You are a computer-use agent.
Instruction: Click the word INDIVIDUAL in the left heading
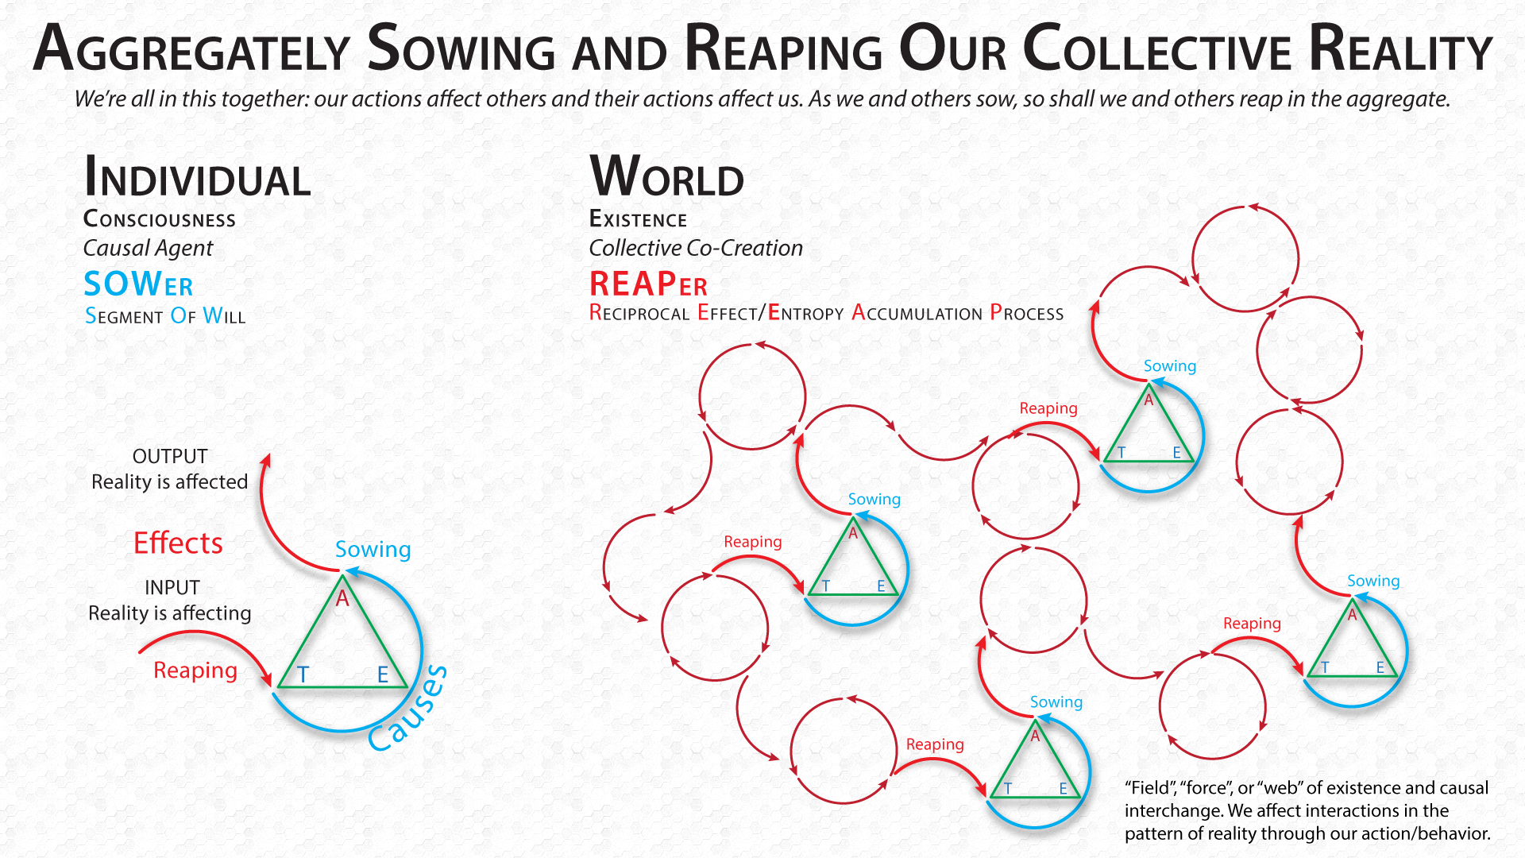pyautogui.click(x=197, y=177)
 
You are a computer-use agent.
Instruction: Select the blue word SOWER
pyautogui.click(x=138, y=284)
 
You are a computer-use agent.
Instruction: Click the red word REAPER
pyautogui.click(x=648, y=284)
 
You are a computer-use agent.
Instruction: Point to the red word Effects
pyautogui.click(x=178, y=543)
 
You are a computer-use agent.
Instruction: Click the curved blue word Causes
pyautogui.click(x=407, y=708)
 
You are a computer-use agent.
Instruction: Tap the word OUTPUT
pyautogui.click(x=170, y=457)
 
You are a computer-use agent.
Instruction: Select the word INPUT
pyautogui.click(x=172, y=588)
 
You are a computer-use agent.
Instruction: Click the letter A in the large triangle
pyautogui.click(x=342, y=598)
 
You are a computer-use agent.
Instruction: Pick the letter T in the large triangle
pyautogui.click(x=303, y=675)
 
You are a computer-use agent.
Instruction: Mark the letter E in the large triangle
pyautogui.click(x=383, y=675)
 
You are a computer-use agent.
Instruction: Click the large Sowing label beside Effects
pyautogui.click(x=373, y=550)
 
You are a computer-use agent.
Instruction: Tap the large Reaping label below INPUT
pyautogui.click(x=195, y=671)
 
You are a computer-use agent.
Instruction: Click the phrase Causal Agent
pyautogui.click(x=149, y=249)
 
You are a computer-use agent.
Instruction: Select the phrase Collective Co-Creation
pyautogui.click(x=696, y=248)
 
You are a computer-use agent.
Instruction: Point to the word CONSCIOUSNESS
pyautogui.click(x=160, y=219)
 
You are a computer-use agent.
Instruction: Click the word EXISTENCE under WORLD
pyautogui.click(x=638, y=219)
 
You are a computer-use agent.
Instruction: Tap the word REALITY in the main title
pyautogui.click(x=1400, y=48)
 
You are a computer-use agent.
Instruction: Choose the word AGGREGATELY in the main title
pyautogui.click(x=191, y=49)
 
